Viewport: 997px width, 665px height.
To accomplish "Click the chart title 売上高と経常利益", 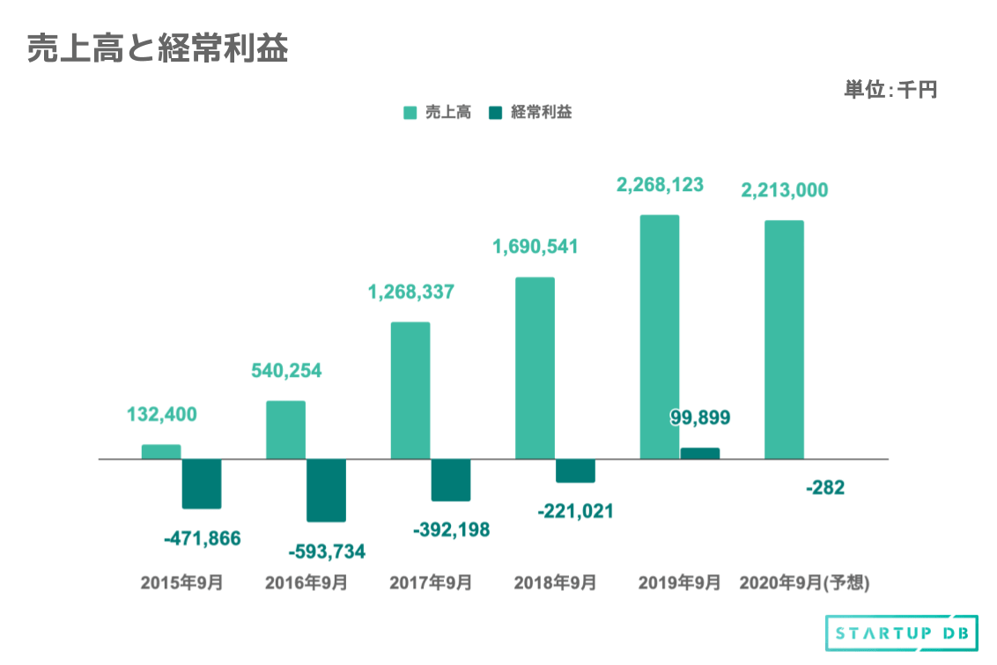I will (158, 49).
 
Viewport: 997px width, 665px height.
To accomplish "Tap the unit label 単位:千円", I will (890, 89).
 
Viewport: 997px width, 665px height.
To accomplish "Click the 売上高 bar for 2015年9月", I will (161, 452).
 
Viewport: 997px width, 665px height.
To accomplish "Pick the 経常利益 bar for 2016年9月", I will (326, 490).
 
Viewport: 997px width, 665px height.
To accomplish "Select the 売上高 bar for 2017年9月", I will (410, 390).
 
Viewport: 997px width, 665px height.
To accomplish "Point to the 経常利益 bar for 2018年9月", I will (575, 470).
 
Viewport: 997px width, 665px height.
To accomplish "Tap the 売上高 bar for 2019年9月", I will (660, 336).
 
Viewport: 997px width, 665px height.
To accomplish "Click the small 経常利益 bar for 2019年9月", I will (700, 454).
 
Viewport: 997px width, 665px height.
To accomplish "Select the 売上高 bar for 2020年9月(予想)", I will (784, 339).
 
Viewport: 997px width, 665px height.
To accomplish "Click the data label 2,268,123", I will (660, 186).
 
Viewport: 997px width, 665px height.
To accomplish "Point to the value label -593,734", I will (327, 552).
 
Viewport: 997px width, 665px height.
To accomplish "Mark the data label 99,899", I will (700, 417).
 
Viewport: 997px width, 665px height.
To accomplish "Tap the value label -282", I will (824, 487).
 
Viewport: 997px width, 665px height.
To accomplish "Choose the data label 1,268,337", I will (410, 292).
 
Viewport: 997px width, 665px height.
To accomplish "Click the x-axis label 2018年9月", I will (555, 583).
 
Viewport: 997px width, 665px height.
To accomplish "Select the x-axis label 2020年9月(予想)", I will (804, 583).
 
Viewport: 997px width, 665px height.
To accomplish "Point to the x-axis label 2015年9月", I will (181, 583).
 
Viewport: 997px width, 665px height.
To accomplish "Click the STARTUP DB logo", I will (901, 633).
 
